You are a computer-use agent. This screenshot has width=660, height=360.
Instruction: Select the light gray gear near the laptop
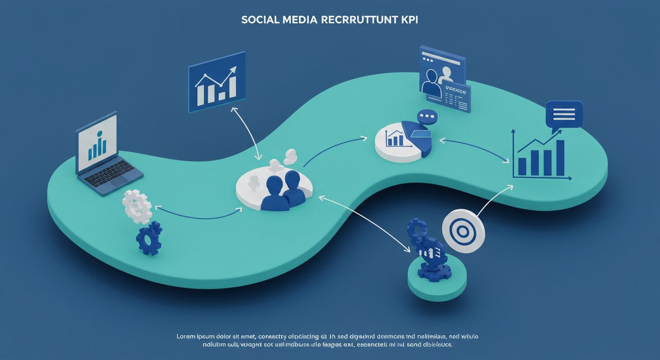(137, 206)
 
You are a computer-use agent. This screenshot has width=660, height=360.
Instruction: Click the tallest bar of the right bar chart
(560, 157)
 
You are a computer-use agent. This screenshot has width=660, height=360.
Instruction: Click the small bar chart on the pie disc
(394, 139)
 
